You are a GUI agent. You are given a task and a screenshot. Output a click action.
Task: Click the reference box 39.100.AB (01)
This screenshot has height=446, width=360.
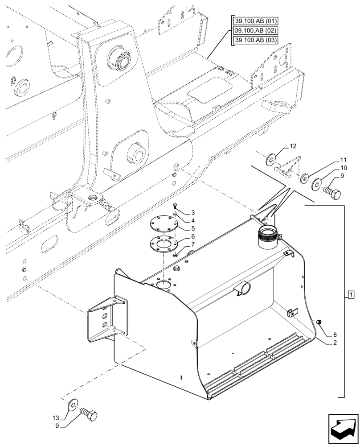pos(255,21)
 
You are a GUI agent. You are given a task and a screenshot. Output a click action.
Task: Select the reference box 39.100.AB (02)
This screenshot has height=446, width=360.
pos(255,30)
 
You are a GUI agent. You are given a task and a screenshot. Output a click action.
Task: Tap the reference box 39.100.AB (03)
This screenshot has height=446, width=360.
pos(255,40)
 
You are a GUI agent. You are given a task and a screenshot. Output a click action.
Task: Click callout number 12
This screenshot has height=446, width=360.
pos(292,146)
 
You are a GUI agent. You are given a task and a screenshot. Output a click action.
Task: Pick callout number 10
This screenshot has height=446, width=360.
pos(343,168)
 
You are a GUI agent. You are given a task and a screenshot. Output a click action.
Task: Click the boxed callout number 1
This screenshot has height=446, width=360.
pos(351,294)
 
